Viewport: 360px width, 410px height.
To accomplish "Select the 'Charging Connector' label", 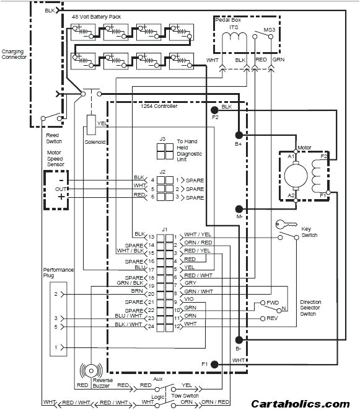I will click(14, 55).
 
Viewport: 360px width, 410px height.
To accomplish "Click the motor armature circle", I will click(296, 174).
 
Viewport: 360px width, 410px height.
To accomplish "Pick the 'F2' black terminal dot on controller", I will click(214, 109).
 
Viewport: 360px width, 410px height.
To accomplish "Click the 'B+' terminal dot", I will click(237, 135).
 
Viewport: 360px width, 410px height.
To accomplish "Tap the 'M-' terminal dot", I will click(237, 209).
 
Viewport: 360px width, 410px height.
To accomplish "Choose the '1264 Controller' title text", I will click(159, 107).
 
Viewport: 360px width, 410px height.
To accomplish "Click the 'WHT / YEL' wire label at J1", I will click(198, 236).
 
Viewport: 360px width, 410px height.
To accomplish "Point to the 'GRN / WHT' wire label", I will click(198, 291).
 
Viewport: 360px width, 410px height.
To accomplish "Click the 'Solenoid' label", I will click(95, 141).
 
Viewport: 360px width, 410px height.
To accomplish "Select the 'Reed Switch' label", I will click(53, 136).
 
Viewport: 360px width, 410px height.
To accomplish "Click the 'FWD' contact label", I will click(273, 303).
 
